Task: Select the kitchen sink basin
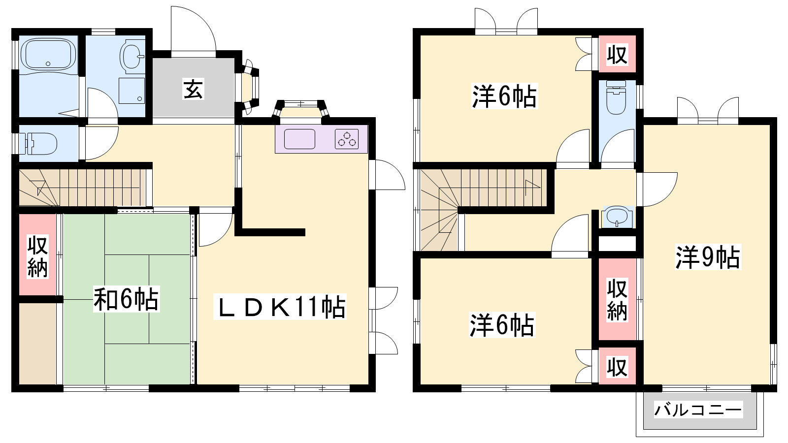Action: click(299, 139)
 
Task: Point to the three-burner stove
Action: click(347, 139)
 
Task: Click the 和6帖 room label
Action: click(126, 299)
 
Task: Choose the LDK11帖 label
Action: click(280, 307)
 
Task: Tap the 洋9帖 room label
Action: click(707, 257)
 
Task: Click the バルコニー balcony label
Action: click(698, 411)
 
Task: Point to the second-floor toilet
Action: click(616, 97)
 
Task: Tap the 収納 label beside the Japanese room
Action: click(37, 257)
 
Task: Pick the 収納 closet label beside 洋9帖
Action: click(618, 300)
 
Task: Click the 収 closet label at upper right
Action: click(618, 55)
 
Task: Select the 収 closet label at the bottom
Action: click(618, 367)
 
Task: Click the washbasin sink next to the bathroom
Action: click(132, 56)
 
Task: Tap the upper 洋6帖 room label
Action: click(504, 96)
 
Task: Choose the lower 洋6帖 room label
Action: click(502, 325)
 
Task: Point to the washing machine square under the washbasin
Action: click(131, 91)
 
